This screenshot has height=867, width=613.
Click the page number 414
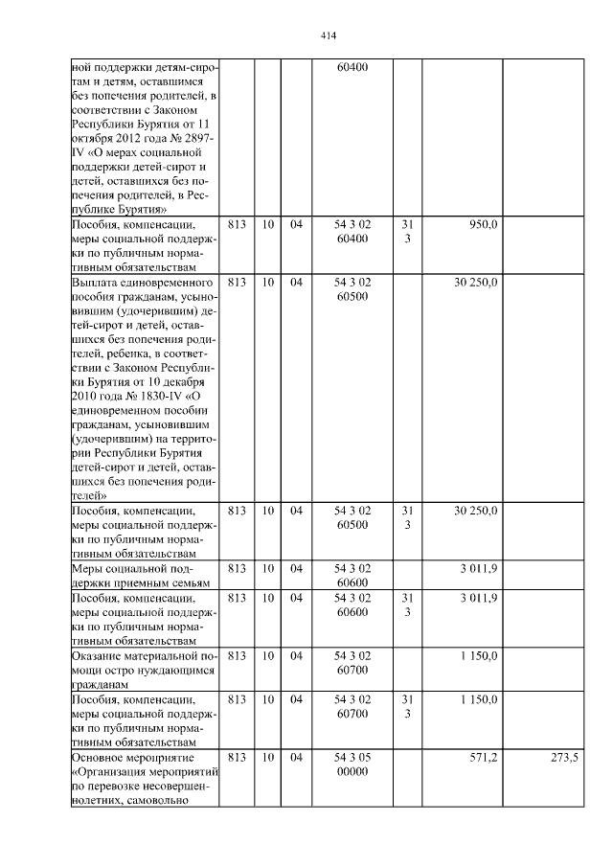pos(328,36)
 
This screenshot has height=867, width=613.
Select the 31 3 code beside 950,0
pos(407,231)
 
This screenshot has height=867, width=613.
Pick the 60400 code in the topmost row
pos(352,67)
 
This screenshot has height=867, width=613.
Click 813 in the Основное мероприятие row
pos(238,757)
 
